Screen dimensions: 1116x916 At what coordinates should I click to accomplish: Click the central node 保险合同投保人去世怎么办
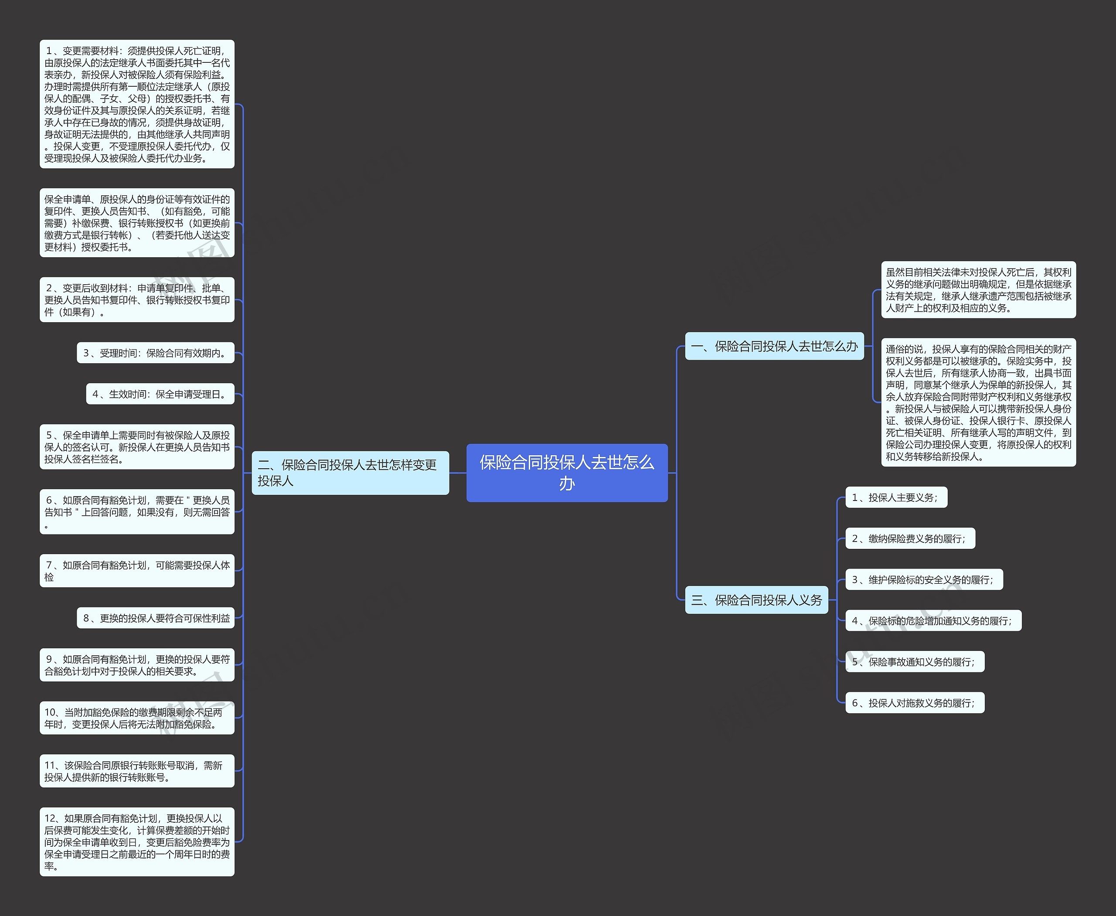(x=567, y=473)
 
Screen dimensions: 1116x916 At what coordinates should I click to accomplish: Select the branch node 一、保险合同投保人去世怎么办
(x=774, y=346)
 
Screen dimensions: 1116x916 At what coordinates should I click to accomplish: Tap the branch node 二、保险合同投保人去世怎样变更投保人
(x=350, y=473)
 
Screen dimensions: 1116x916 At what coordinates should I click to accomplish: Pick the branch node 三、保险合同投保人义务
(x=756, y=600)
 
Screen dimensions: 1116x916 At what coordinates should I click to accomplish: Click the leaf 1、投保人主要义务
(x=895, y=497)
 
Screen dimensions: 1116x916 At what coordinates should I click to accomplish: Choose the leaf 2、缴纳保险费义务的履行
(x=910, y=539)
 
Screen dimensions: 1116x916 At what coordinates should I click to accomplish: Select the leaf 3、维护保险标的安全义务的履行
(x=923, y=580)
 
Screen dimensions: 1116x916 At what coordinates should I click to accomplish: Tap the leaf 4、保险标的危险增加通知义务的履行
(x=933, y=621)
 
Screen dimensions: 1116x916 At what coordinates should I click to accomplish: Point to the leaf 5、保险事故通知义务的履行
(x=915, y=662)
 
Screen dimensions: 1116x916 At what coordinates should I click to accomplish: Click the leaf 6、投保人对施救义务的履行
(x=915, y=703)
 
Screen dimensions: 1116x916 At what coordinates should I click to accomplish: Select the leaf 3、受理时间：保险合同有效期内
(x=156, y=353)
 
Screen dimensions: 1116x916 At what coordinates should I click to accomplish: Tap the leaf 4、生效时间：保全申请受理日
(x=160, y=394)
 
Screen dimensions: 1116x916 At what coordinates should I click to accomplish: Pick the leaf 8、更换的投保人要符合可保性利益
(x=156, y=618)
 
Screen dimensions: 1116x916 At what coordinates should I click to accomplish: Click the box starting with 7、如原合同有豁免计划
(x=136, y=571)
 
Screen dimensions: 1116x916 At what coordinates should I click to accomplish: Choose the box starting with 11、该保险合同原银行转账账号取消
(x=136, y=771)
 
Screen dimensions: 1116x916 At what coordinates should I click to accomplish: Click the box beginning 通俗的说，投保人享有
(x=978, y=402)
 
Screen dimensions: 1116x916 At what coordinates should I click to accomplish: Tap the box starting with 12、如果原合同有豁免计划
(x=136, y=841)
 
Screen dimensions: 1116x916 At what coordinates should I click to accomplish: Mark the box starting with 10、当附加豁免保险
(x=136, y=718)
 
